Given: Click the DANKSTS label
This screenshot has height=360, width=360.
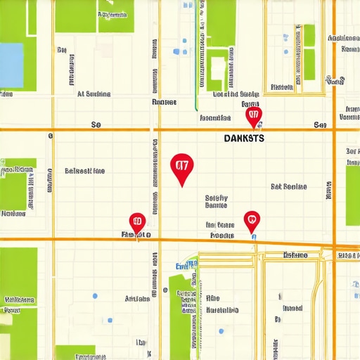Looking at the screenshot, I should tap(244, 139).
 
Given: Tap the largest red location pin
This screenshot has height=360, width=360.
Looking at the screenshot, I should tap(181, 167).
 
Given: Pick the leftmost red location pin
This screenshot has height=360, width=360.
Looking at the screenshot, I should tap(137, 221).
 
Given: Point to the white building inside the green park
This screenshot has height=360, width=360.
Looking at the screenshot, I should tap(217, 68).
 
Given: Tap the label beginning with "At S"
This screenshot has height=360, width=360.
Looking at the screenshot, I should tap(94, 93).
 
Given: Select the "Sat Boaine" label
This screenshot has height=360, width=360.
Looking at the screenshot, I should tap(288, 186).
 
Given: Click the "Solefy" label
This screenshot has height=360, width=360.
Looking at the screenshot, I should tap(216, 198).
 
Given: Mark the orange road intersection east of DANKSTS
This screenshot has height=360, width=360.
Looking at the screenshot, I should tap(334, 129).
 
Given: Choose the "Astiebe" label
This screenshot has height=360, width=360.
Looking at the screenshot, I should tap(137, 298).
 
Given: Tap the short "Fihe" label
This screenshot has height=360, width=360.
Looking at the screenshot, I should tap(213, 298).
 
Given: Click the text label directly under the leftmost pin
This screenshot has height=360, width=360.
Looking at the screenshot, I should tap(136, 234).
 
